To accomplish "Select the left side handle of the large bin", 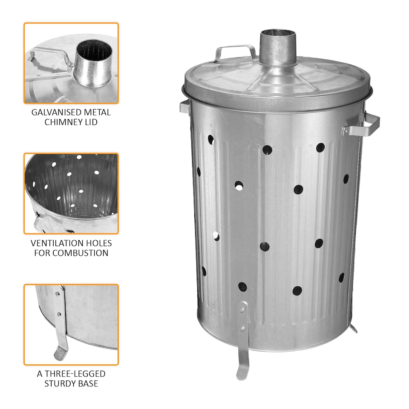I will click(x=184, y=107).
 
